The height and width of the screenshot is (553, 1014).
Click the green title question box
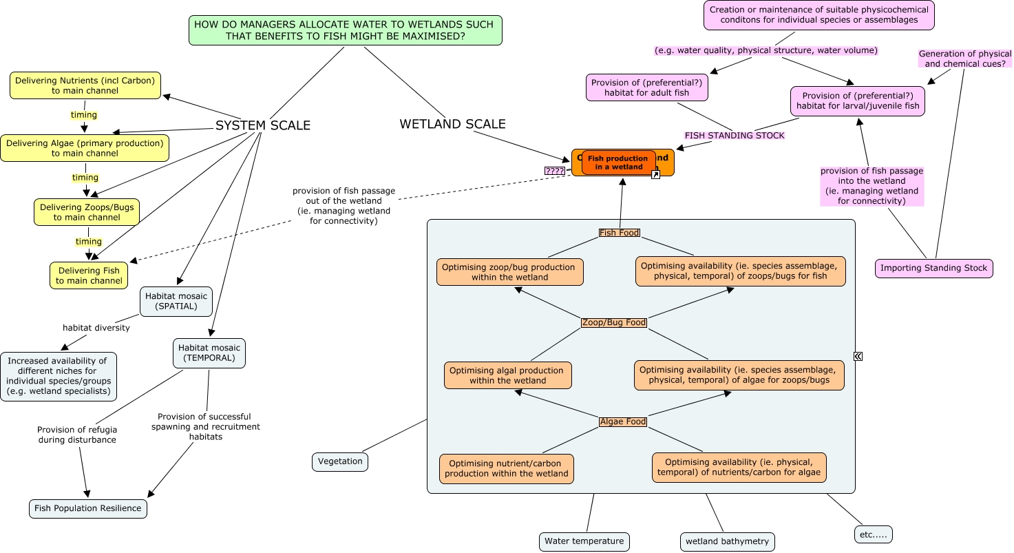pyautogui.click(x=345, y=30)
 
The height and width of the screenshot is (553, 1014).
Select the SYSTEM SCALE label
pyautogui.click(x=262, y=125)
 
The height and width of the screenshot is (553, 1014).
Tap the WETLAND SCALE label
pyautogui.click(x=452, y=124)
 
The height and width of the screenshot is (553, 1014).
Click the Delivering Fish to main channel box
pyautogui.click(x=89, y=275)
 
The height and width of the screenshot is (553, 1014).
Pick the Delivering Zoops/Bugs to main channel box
pyautogui.click(x=87, y=212)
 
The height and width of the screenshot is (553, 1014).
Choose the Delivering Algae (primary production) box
pyautogui.click(x=85, y=148)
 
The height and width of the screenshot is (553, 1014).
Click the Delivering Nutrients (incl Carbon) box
pyautogui.click(x=85, y=85)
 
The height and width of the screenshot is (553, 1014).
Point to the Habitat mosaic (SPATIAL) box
pyautogui.click(x=176, y=302)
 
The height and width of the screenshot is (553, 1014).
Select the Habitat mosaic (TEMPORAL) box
pyautogui.click(x=209, y=353)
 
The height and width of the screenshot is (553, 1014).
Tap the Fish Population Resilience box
pyautogui.click(x=88, y=508)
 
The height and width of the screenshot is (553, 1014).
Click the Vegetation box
pyautogui.click(x=340, y=461)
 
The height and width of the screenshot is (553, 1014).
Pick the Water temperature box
pyautogui.click(x=584, y=541)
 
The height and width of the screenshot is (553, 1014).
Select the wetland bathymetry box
pyautogui.click(x=727, y=541)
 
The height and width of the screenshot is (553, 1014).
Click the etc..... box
pyautogui.click(x=873, y=534)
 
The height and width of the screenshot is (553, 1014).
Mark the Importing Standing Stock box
pyautogui.click(x=933, y=268)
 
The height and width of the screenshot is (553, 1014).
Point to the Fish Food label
pyautogui.click(x=620, y=233)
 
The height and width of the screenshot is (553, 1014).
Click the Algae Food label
pyautogui.click(x=623, y=421)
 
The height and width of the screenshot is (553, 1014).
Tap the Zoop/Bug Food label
pyautogui.click(x=614, y=322)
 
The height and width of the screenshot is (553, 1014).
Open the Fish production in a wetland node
pyautogui.click(x=618, y=163)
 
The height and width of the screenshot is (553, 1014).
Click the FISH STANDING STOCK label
pyautogui.click(x=735, y=136)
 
